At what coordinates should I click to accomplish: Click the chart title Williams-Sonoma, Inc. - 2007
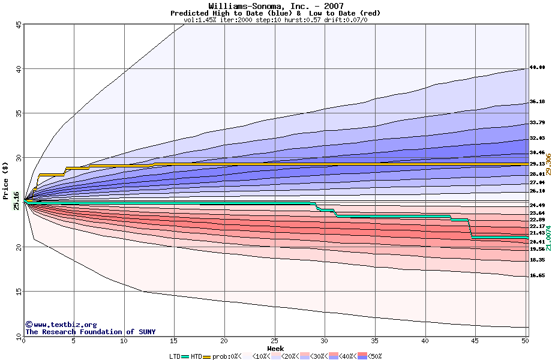[x=276, y=5]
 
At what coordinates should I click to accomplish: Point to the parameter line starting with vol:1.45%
[x=275, y=20]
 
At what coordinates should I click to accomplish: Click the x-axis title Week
[x=275, y=349]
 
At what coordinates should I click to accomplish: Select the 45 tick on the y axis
[x=19, y=25]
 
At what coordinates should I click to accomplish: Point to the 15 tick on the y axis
[x=19, y=292]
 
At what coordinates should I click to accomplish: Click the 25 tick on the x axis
[x=275, y=341]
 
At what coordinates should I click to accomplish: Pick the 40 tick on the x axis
[x=425, y=341]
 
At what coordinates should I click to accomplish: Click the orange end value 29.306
[x=548, y=164]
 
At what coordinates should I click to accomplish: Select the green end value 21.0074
[x=548, y=238]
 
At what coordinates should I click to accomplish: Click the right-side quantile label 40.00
[x=537, y=68]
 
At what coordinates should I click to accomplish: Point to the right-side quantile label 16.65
[x=537, y=275]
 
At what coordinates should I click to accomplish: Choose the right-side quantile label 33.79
[x=537, y=122]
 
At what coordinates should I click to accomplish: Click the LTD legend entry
[x=175, y=356]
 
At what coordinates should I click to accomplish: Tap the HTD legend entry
[x=196, y=356]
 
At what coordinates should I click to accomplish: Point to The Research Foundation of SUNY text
[x=90, y=332]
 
